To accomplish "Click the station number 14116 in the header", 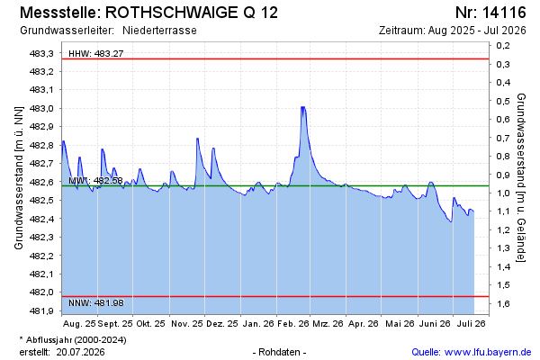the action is (504, 13).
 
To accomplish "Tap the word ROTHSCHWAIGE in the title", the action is (169, 13).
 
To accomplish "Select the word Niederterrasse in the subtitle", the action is (159, 31).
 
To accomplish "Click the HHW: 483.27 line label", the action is (95, 53).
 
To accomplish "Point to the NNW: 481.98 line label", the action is (95, 303).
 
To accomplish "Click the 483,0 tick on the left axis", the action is (41, 108).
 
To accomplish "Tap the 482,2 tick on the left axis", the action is (41, 256).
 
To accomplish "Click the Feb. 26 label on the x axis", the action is (293, 324).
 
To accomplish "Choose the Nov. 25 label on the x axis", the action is (187, 324).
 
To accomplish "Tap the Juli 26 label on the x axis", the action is (471, 324).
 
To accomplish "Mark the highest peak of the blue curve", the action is (302, 107).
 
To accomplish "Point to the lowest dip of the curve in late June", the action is (451, 222).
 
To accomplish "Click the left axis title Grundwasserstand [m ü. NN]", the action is (19, 178).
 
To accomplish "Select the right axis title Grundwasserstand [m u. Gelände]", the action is (521, 177).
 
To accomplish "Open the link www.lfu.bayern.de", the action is (488, 352).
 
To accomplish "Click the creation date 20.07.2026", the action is (81, 352).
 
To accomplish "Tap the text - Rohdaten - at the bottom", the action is (279, 352).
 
